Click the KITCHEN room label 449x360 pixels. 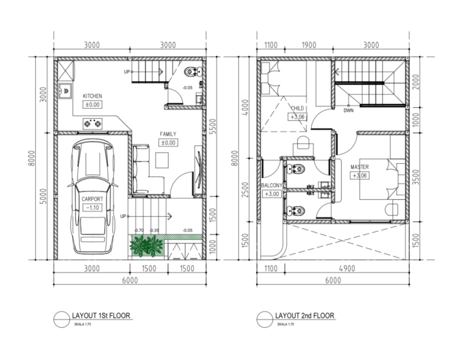(x=92, y=96)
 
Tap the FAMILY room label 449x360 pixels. (x=168, y=133)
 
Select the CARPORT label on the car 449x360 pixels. (x=92, y=199)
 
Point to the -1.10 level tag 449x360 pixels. (x=92, y=207)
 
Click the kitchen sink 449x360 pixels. (x=65, y=91)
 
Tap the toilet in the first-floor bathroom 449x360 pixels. (x=192, y=71)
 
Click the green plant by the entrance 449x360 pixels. (x=146, y=245)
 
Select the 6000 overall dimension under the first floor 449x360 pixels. (x=130, y=280)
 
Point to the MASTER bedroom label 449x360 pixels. (x=359, y=166)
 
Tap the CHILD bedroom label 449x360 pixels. (x=297, y=108)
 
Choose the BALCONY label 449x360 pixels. (x=271, y=185)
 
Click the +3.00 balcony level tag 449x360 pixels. (x=271, y=194)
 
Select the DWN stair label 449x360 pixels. (x=348, y=110)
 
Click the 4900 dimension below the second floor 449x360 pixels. (x=347, y=268)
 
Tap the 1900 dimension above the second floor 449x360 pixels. (x=309, y=45)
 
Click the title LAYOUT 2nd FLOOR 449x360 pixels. (x=304, y=315)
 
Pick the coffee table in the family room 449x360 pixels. (x=162, y=160)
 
